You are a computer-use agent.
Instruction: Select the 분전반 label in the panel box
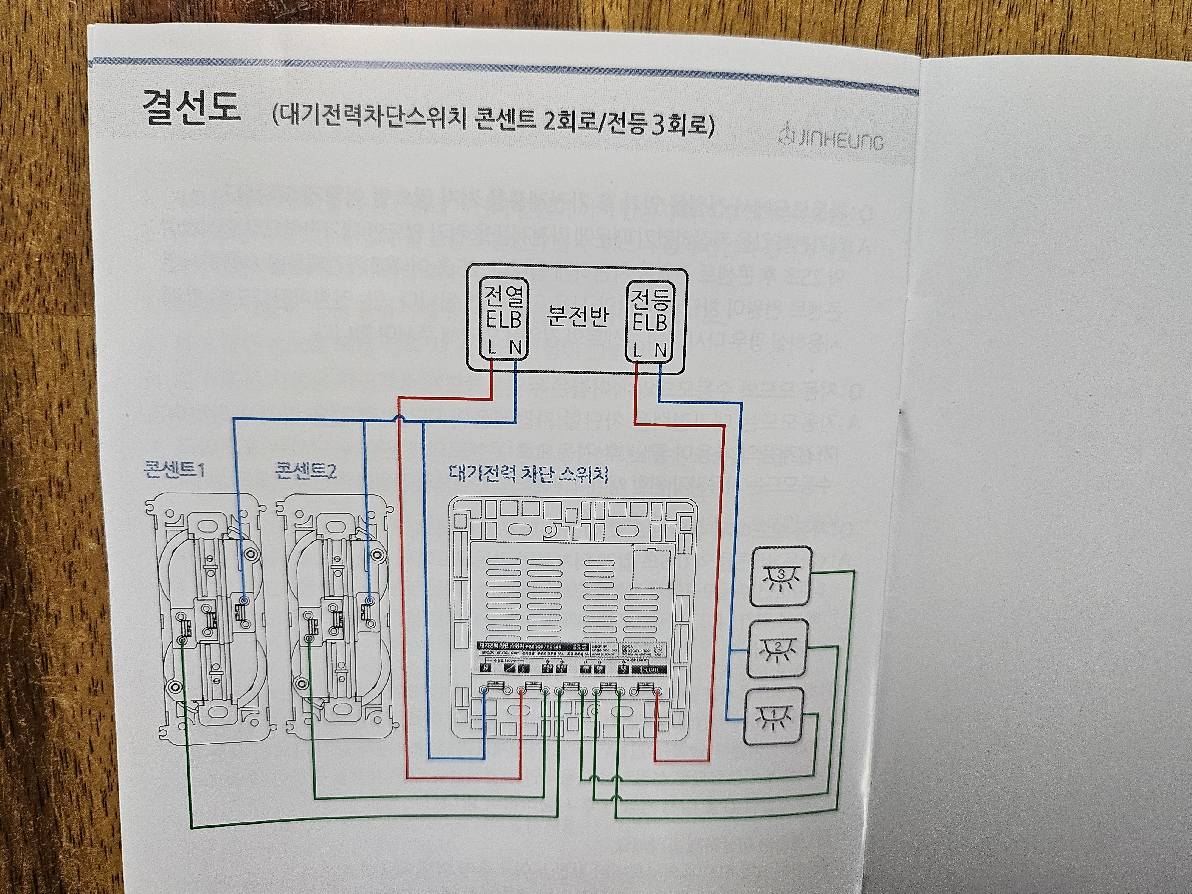pyautogui.click(x=578, y=319)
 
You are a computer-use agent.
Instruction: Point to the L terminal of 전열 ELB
pyautogui.click(x=491, y=349)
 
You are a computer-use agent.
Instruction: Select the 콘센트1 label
pyautogui.click(x=174, y=471)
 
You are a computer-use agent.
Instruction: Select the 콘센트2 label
pyautogui.click(x=305, y=471)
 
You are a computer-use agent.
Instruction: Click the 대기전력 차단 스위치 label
pyautogui.click(x=529, y=474)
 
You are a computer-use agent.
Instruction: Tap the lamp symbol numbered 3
pyautogui.click(x=781, y=575)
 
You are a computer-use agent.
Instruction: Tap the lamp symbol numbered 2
pyautogui.click(x=777, y=648)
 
